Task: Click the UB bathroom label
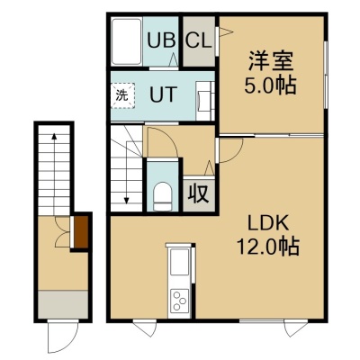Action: pyautogui.click(x=161, y=40)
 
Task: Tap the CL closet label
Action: pyautogui.click(x=198, y=40)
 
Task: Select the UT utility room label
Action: pyautogui.click(x=163, y=94)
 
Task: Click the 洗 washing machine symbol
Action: pyautogui.click(x=122, y=96)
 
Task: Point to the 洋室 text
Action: pyautogui.click(x=270, y=61)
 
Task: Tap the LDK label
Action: pyautogui.click(x=268, y=223)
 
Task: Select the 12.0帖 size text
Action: pyautogui.click(x=268, y=246)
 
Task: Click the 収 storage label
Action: pyautogui.click(x=198, y=194)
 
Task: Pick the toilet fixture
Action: pyautogui.click(x=162, y=196)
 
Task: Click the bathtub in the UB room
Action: pyautogui.click(x=126, y=41)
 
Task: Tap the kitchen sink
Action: pyautogui.click(x=179, y=262)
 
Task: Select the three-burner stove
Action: pyautogui.click(x=179, y=300)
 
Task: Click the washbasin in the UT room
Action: pyautogui.click(x=205, y=100)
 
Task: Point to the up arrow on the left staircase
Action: pyautogui.click(x=54, y=174)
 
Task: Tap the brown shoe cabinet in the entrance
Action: pyautogui.click(x=81, y=232)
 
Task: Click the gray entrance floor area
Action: pyautogui.click(x=63, y=304)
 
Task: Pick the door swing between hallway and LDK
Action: pyautogui.click(x=230, y=150)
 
